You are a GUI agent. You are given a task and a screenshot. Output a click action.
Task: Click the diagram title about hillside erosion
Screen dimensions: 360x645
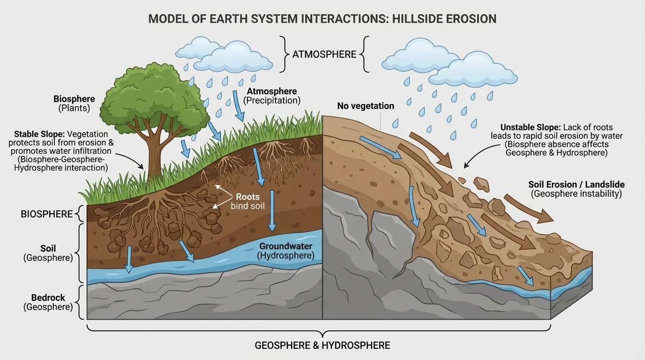pos(322,19)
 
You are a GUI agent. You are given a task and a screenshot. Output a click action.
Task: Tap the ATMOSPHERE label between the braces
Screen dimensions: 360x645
pos(324,54)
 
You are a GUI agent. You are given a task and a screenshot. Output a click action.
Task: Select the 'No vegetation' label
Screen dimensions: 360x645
pos(366,106)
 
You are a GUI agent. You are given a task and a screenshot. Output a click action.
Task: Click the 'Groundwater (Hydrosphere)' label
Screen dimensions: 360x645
pos(285,251)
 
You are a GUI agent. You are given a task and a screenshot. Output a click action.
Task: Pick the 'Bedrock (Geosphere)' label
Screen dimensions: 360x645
pos(48,302)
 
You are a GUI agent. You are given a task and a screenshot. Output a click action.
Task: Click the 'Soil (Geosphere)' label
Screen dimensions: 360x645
pos(48,253)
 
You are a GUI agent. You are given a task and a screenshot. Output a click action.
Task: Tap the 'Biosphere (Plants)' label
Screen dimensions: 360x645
pos(74,104)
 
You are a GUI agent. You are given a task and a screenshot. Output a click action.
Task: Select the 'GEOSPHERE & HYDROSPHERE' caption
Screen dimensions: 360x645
pos(322,345)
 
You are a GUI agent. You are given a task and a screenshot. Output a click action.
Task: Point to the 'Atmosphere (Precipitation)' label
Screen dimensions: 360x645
pos(272,96)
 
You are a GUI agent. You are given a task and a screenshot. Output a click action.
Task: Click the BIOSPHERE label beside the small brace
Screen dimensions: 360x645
pos(47,214)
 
